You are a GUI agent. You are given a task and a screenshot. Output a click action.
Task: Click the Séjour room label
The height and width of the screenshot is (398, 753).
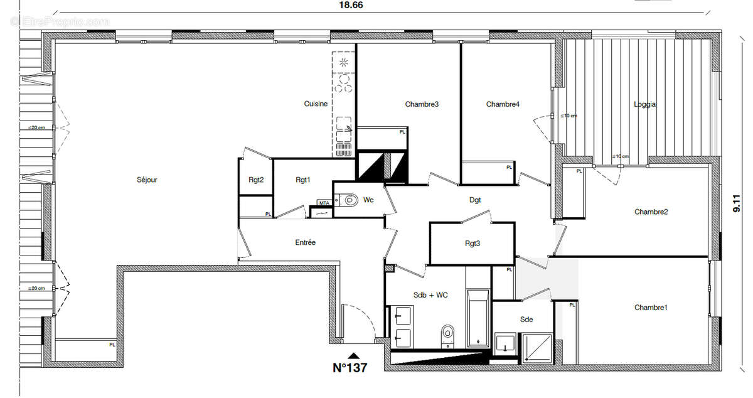point(147,180)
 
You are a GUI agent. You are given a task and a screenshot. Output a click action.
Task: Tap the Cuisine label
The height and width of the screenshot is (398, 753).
point(316,104)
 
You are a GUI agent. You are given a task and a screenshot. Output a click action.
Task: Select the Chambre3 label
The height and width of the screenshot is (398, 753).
point(422,104)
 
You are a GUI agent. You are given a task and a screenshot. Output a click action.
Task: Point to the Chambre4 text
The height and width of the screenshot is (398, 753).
point(503,104)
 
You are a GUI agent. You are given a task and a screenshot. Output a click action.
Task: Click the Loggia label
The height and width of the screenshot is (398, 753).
point(644,105)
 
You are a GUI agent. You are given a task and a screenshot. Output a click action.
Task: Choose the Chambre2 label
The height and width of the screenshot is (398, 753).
point(651,212)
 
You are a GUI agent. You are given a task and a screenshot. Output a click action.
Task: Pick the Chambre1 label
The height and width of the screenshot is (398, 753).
point(651,307)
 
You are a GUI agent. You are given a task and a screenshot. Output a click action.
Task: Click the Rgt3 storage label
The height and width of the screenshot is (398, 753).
point(473,244)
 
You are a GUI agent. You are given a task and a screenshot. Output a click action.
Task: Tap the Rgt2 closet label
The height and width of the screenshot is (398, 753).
point(256,180)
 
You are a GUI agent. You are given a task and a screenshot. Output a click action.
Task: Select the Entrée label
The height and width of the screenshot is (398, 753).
point(305,242)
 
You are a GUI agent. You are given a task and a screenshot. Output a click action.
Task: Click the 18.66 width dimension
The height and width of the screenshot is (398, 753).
point(351,4)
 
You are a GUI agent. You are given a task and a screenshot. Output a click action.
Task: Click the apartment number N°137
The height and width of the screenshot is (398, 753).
point(350,368)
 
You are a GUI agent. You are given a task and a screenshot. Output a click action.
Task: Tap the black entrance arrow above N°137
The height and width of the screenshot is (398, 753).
point(355,355)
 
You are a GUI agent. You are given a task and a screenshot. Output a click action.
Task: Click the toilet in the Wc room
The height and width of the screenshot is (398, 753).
point(347,200)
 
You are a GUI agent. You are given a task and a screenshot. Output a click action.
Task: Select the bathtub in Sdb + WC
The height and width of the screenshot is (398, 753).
point(478,318)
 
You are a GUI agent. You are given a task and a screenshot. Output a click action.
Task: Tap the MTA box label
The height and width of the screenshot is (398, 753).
point(324,203)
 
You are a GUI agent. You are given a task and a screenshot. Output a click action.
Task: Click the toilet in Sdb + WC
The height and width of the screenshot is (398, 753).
point(447,333)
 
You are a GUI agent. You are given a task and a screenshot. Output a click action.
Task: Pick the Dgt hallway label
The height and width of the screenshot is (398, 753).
point(475,200)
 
